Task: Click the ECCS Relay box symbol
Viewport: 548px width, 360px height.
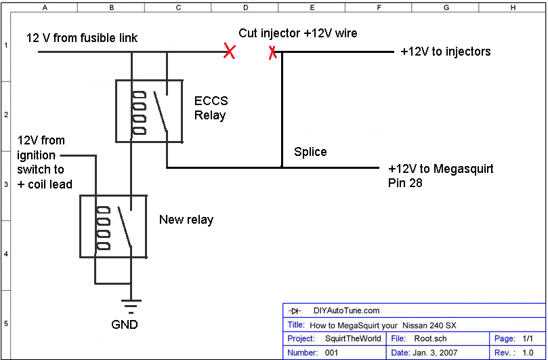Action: (x=148, y=111)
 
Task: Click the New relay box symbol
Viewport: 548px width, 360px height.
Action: (x=113, y=226)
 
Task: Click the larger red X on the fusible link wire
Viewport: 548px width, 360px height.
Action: (x=230, y=51)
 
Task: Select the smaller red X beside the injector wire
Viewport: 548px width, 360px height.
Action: (x=272, y=52)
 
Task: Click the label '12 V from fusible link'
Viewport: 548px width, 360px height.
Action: (x=82, y=38)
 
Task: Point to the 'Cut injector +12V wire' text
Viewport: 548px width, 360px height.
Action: (x=298, y=33)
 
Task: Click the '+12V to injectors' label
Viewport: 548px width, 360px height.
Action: (x=446, y=52)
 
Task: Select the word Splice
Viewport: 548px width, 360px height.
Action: (x=310, y=152)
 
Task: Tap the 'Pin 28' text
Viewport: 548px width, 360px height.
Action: (x=405, y=182)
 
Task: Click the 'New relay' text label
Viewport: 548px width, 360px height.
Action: (x=186, y=220)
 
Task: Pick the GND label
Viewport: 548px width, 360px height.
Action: (x=125, y=325)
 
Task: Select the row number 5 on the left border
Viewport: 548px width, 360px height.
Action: (x=5, y=323)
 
